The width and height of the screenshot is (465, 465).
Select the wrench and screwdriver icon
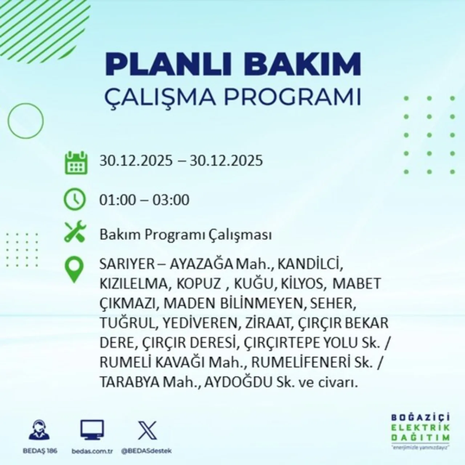[x=75, y=233]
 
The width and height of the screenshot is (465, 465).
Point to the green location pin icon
[x=74, y=270]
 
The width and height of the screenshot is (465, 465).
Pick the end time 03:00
[x=171, y=200]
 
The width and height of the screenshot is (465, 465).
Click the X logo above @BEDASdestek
[x=147, y=430]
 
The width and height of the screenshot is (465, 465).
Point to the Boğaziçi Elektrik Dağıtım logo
[x=421, y=432]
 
